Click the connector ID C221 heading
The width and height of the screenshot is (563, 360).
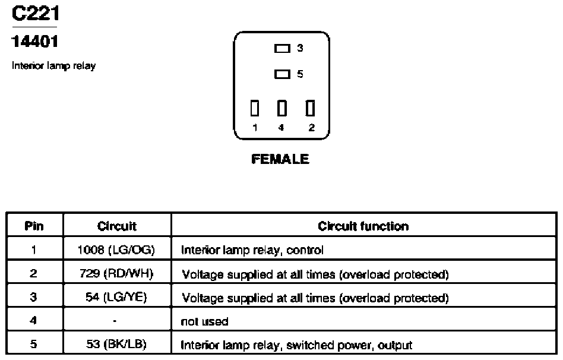click(35, 13)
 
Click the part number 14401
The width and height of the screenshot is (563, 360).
click(34, 42)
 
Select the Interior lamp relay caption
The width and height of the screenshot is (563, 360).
click(53, 66)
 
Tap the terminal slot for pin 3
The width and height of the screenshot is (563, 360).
click(282, 48)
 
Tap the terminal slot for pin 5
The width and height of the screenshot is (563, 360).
click(282, 74)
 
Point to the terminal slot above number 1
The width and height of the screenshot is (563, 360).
click(255, 108)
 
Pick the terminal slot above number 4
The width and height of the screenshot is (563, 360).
click(282, 108)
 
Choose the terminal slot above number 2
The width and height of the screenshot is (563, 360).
click(310, 108)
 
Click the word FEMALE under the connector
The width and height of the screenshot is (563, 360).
click(280, 159)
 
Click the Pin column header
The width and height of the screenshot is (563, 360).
click(34, 226)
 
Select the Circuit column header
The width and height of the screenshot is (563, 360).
click(116, 226)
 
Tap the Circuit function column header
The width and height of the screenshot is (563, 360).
click(363, 226)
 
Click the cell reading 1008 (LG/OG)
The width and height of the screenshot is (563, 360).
click(116, 250)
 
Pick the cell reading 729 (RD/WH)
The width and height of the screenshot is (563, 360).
click(116, 273)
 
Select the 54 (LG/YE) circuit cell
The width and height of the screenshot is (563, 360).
click(116, 297)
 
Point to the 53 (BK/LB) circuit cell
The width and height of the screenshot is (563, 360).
click(116, 344)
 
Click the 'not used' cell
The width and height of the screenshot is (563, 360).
click(204, 321)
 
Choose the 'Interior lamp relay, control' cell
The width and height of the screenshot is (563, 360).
click(252, 250)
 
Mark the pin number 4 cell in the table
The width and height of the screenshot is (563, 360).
click(33, 320)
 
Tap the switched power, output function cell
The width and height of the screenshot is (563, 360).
click(296, 345)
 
